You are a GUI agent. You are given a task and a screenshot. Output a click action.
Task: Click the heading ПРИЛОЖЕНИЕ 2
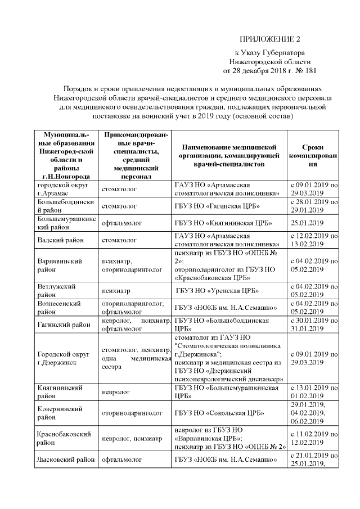270,39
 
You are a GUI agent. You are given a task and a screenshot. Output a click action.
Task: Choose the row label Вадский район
61,240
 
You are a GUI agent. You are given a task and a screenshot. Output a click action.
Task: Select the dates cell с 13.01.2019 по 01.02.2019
313,391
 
